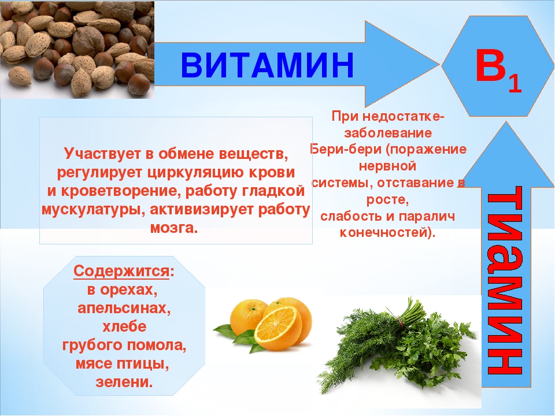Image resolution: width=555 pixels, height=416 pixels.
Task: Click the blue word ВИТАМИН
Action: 267,65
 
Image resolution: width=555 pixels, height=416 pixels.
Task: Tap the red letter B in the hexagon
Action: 490,65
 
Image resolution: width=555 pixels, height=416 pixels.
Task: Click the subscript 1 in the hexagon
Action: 515,84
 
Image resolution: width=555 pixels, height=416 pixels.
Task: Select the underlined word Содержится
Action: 121,272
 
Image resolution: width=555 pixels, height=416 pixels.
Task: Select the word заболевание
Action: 388,133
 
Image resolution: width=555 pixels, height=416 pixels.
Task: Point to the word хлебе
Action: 124,326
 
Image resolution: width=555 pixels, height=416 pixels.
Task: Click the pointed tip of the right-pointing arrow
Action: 439,64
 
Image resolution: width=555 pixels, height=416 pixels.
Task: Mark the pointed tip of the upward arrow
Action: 506,122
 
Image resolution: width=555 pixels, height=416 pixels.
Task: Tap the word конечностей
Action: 383,233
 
